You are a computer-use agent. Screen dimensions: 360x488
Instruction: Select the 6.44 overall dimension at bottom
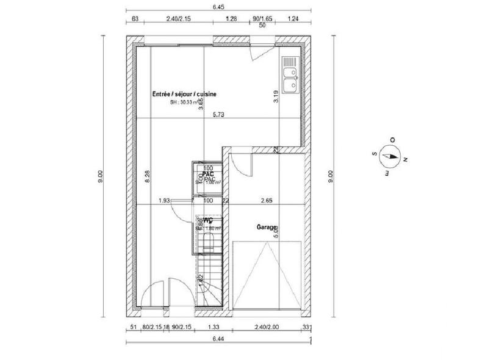coord(218,339)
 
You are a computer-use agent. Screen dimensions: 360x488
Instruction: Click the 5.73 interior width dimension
coord(218,114)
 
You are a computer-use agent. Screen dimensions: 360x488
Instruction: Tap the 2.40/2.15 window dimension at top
coord(178,20)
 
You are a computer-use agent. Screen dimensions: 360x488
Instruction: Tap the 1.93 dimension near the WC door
coord(163,200)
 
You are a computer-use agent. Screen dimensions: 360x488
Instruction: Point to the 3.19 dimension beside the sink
coord(276,96)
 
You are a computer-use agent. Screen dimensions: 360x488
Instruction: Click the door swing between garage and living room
coord(240,163)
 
